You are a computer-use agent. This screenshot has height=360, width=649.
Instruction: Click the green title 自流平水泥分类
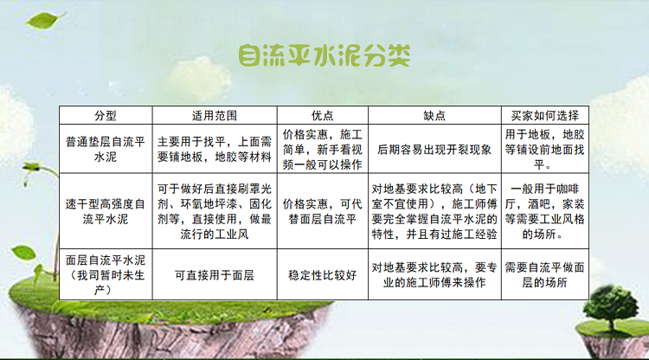pos(324,56)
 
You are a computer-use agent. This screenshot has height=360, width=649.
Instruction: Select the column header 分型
pos(106,115)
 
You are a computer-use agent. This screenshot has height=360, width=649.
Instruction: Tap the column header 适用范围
pos(215,115)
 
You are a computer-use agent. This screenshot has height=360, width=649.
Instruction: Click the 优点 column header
pos(323,115)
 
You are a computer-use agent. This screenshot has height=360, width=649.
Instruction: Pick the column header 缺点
pos(434,115)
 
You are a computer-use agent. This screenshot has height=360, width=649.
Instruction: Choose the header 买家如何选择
pos(544,115)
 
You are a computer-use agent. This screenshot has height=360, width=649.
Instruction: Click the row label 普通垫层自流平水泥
pos(106,150)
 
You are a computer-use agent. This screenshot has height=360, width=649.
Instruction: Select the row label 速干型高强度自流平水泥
pos(106,211)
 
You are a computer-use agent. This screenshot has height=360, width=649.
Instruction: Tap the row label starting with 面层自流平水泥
pos(106,275)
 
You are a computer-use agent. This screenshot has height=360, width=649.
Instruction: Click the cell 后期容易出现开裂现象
pos(434,150)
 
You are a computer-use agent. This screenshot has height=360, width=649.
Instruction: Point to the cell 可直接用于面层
pos(215,275)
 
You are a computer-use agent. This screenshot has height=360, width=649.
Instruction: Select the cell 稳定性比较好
pos(323,275)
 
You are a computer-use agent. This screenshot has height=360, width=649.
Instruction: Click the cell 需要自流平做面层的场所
pos(544,275)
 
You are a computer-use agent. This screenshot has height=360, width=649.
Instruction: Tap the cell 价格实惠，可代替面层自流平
pos(323,211)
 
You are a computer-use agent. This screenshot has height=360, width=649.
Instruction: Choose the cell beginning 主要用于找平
pos(215,150)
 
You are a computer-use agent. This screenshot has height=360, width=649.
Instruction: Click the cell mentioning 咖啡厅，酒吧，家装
pos(544,211)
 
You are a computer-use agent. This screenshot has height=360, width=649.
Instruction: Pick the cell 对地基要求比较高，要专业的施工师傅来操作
pos(434,275)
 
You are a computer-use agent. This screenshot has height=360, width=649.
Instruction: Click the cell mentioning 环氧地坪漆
pos(215,211)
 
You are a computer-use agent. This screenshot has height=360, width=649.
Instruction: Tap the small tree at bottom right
pos(611,308)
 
